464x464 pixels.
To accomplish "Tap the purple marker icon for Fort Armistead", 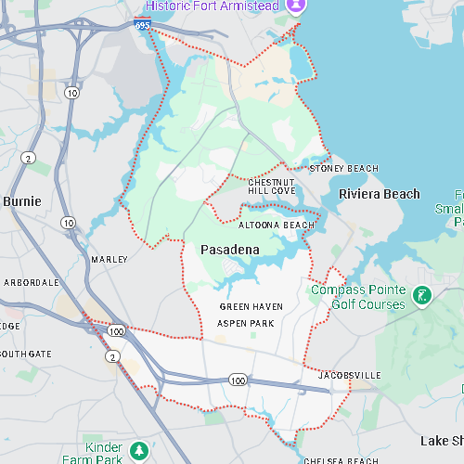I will (x=296, y=6).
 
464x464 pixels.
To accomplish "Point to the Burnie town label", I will (x=21, y=200).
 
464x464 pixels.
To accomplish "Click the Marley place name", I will (x=110, y=260).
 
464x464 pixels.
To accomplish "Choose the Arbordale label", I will (x=32, y=282).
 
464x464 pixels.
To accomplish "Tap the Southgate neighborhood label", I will (x=26, y=354).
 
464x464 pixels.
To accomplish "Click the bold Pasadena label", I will (x=229, y=250).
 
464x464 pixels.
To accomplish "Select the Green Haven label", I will (x=251, y=306).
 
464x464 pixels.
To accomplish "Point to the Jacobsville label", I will (x=349, y=375).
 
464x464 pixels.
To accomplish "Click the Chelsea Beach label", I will (x=341, y=460).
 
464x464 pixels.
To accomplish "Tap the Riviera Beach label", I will (x=379, y=194).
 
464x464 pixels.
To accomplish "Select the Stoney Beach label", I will (x=343, y=168).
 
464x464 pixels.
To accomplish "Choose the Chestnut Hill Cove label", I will (x=271, y=186).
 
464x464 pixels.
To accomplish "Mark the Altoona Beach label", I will (x=277, y=226).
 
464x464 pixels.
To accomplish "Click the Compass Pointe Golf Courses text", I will (x=357, y=297).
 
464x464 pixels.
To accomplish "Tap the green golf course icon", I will (x=423, y=296).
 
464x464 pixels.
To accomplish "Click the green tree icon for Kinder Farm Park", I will (x=139, y=451).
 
